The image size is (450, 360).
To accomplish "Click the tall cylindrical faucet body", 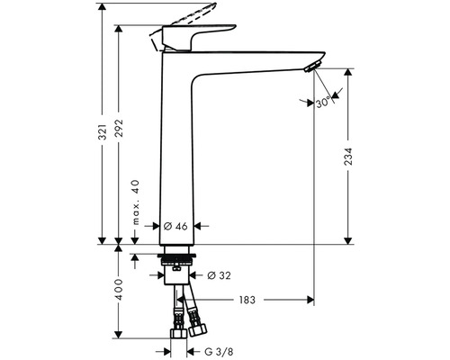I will pos(175,153).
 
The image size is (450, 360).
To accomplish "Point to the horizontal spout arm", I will pos(252,56).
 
